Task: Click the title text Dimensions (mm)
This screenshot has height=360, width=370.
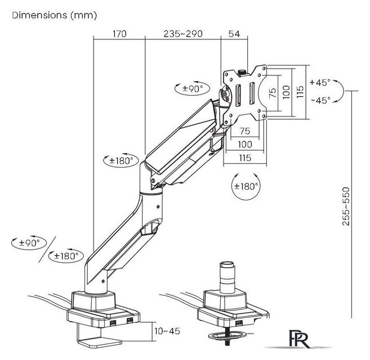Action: (55, 15)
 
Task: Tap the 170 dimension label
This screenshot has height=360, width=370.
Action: (119, 34)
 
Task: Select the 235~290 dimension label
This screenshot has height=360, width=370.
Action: (183, 34)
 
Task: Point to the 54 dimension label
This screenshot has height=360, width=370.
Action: (234, 34)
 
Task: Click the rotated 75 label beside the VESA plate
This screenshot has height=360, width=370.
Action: (273, 93)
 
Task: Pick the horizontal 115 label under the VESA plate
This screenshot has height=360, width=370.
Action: (245, 157)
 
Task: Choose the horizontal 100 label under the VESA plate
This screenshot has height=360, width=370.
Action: (245, 145)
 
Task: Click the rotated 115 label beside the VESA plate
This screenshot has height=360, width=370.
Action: (300, 92)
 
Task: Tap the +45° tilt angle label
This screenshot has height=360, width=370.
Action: (320, 83)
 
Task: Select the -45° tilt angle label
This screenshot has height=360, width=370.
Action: (320, 101)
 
